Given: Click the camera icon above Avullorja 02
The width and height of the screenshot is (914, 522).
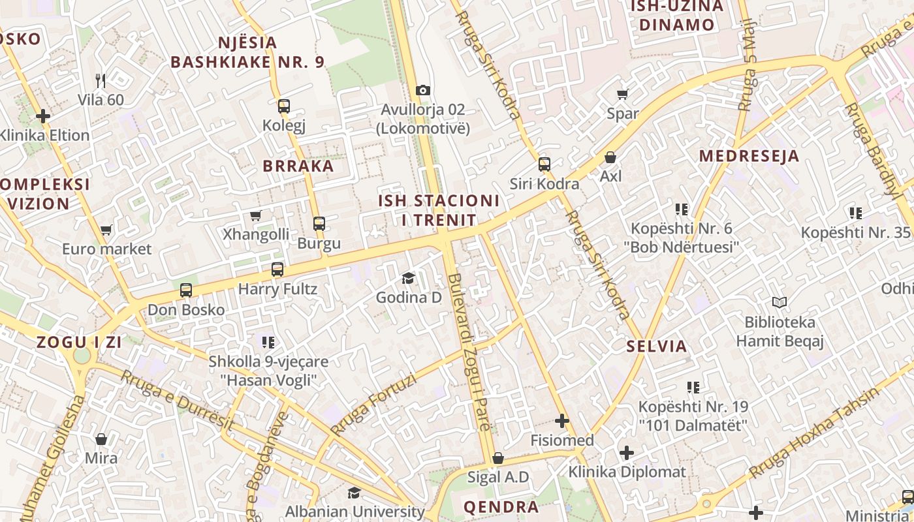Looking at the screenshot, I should point(423,90).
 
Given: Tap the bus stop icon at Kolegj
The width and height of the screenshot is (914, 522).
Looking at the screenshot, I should point(283,106).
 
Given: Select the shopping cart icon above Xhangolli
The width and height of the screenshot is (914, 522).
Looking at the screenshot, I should point(256,215).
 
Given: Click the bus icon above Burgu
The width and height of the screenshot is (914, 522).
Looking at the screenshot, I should point(319,224).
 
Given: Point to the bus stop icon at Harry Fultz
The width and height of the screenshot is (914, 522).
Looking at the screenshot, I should point(277,269).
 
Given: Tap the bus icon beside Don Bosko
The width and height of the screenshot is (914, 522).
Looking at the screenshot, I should point(186,290).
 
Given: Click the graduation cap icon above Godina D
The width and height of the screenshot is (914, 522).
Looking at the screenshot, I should point(409,279).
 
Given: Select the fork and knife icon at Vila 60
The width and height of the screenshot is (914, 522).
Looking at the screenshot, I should point(101,81).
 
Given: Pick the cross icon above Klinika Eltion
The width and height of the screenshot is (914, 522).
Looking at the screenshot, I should point(43,116).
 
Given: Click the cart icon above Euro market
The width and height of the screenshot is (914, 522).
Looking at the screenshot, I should point(106,230).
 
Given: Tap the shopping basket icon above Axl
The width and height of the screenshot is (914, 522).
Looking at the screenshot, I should point(610,157).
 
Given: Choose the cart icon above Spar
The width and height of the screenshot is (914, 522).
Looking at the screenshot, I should point(623,94).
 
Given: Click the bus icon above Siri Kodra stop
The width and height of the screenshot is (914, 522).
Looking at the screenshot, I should point(544,164).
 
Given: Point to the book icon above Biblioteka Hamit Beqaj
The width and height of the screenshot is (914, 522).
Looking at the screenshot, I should point(780,303).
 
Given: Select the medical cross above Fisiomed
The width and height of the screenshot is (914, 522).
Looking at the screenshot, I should point(561,421).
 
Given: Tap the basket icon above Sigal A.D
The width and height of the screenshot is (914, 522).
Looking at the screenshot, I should point(498,458).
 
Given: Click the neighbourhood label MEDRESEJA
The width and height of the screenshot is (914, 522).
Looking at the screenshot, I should point(749,156).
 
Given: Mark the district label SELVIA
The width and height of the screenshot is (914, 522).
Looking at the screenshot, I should point(657,346).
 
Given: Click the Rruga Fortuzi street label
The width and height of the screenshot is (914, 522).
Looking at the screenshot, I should point(373,405).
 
